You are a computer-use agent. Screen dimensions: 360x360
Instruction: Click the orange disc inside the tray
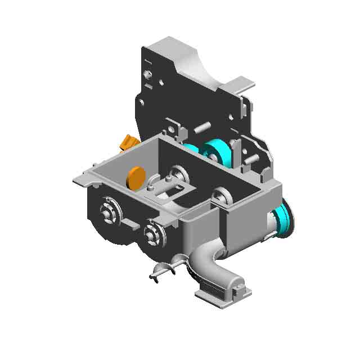[x=136, y=178]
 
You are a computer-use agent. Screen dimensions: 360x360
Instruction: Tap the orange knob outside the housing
[x=129, y=142]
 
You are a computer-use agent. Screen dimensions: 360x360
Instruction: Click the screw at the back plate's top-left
[x=147, y=74]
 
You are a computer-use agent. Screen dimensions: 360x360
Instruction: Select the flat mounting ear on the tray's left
[x=83, y=178]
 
